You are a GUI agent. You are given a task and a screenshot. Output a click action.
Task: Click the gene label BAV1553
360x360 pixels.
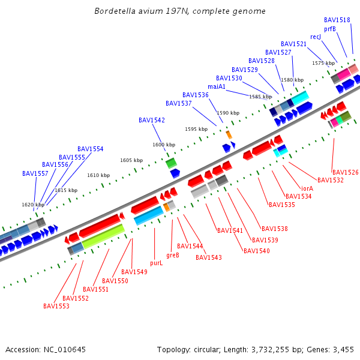pos(56,306)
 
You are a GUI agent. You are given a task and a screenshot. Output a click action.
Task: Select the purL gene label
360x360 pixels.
pos(156,263)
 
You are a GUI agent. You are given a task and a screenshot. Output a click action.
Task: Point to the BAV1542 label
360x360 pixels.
pos(152,120)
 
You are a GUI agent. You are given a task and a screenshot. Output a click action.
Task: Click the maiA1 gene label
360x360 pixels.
pos(217,86)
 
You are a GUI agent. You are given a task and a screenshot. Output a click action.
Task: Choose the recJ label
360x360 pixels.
pos(316,37)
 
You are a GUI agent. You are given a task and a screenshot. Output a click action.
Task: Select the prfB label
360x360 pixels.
pos(330,29)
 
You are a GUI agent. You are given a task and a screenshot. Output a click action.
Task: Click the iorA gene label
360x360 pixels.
pos(307,188)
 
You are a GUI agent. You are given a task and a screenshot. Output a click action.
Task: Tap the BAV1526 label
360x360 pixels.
pos(346,172)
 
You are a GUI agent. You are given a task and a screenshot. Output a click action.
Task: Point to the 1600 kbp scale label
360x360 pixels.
pos(164,145)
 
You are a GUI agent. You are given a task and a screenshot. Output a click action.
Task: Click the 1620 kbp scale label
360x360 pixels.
pos(33,205)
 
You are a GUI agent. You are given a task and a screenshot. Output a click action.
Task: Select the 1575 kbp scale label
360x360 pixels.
pos(323,63)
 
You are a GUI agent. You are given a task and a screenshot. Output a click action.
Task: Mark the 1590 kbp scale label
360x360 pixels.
pos(228,113)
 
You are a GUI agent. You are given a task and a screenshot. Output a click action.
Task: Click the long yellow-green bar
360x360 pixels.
pos(103,236)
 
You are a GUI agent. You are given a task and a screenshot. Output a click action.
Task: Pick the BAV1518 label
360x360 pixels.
pos(337,20)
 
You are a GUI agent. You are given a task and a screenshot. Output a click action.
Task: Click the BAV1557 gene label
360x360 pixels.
pos(35,173)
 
